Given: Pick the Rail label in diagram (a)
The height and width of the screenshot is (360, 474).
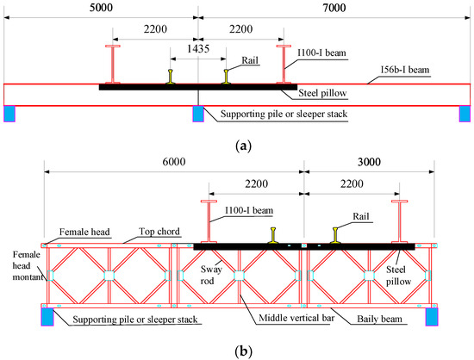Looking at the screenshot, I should [249, 72].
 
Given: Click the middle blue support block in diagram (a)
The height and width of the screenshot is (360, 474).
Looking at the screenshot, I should [198, 114].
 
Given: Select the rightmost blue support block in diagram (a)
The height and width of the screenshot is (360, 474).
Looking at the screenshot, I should [465, 114].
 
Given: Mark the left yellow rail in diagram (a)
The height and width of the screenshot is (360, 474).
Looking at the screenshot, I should [171, 78].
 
